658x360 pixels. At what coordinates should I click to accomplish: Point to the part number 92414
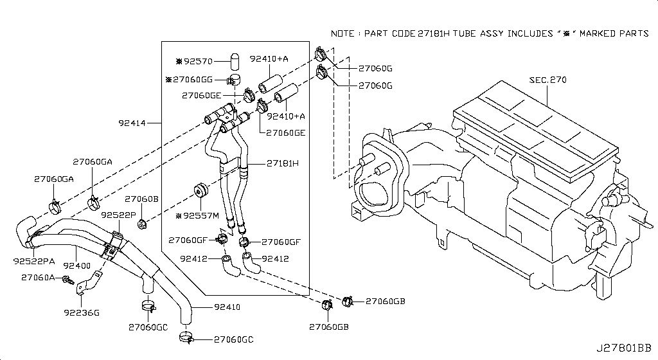[x=132, y=122]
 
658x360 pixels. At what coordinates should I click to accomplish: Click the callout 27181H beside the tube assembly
[x=282, y=163]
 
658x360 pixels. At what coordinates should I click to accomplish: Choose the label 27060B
[x=141, y=199]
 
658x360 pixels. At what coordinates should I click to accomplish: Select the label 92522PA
[x=34, y=261]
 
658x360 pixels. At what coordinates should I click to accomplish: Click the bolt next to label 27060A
[x=66, y=279]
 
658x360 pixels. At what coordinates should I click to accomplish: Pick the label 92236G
[x=82, y=312]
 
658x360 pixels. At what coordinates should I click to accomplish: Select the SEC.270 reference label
[x=547, y=80]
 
